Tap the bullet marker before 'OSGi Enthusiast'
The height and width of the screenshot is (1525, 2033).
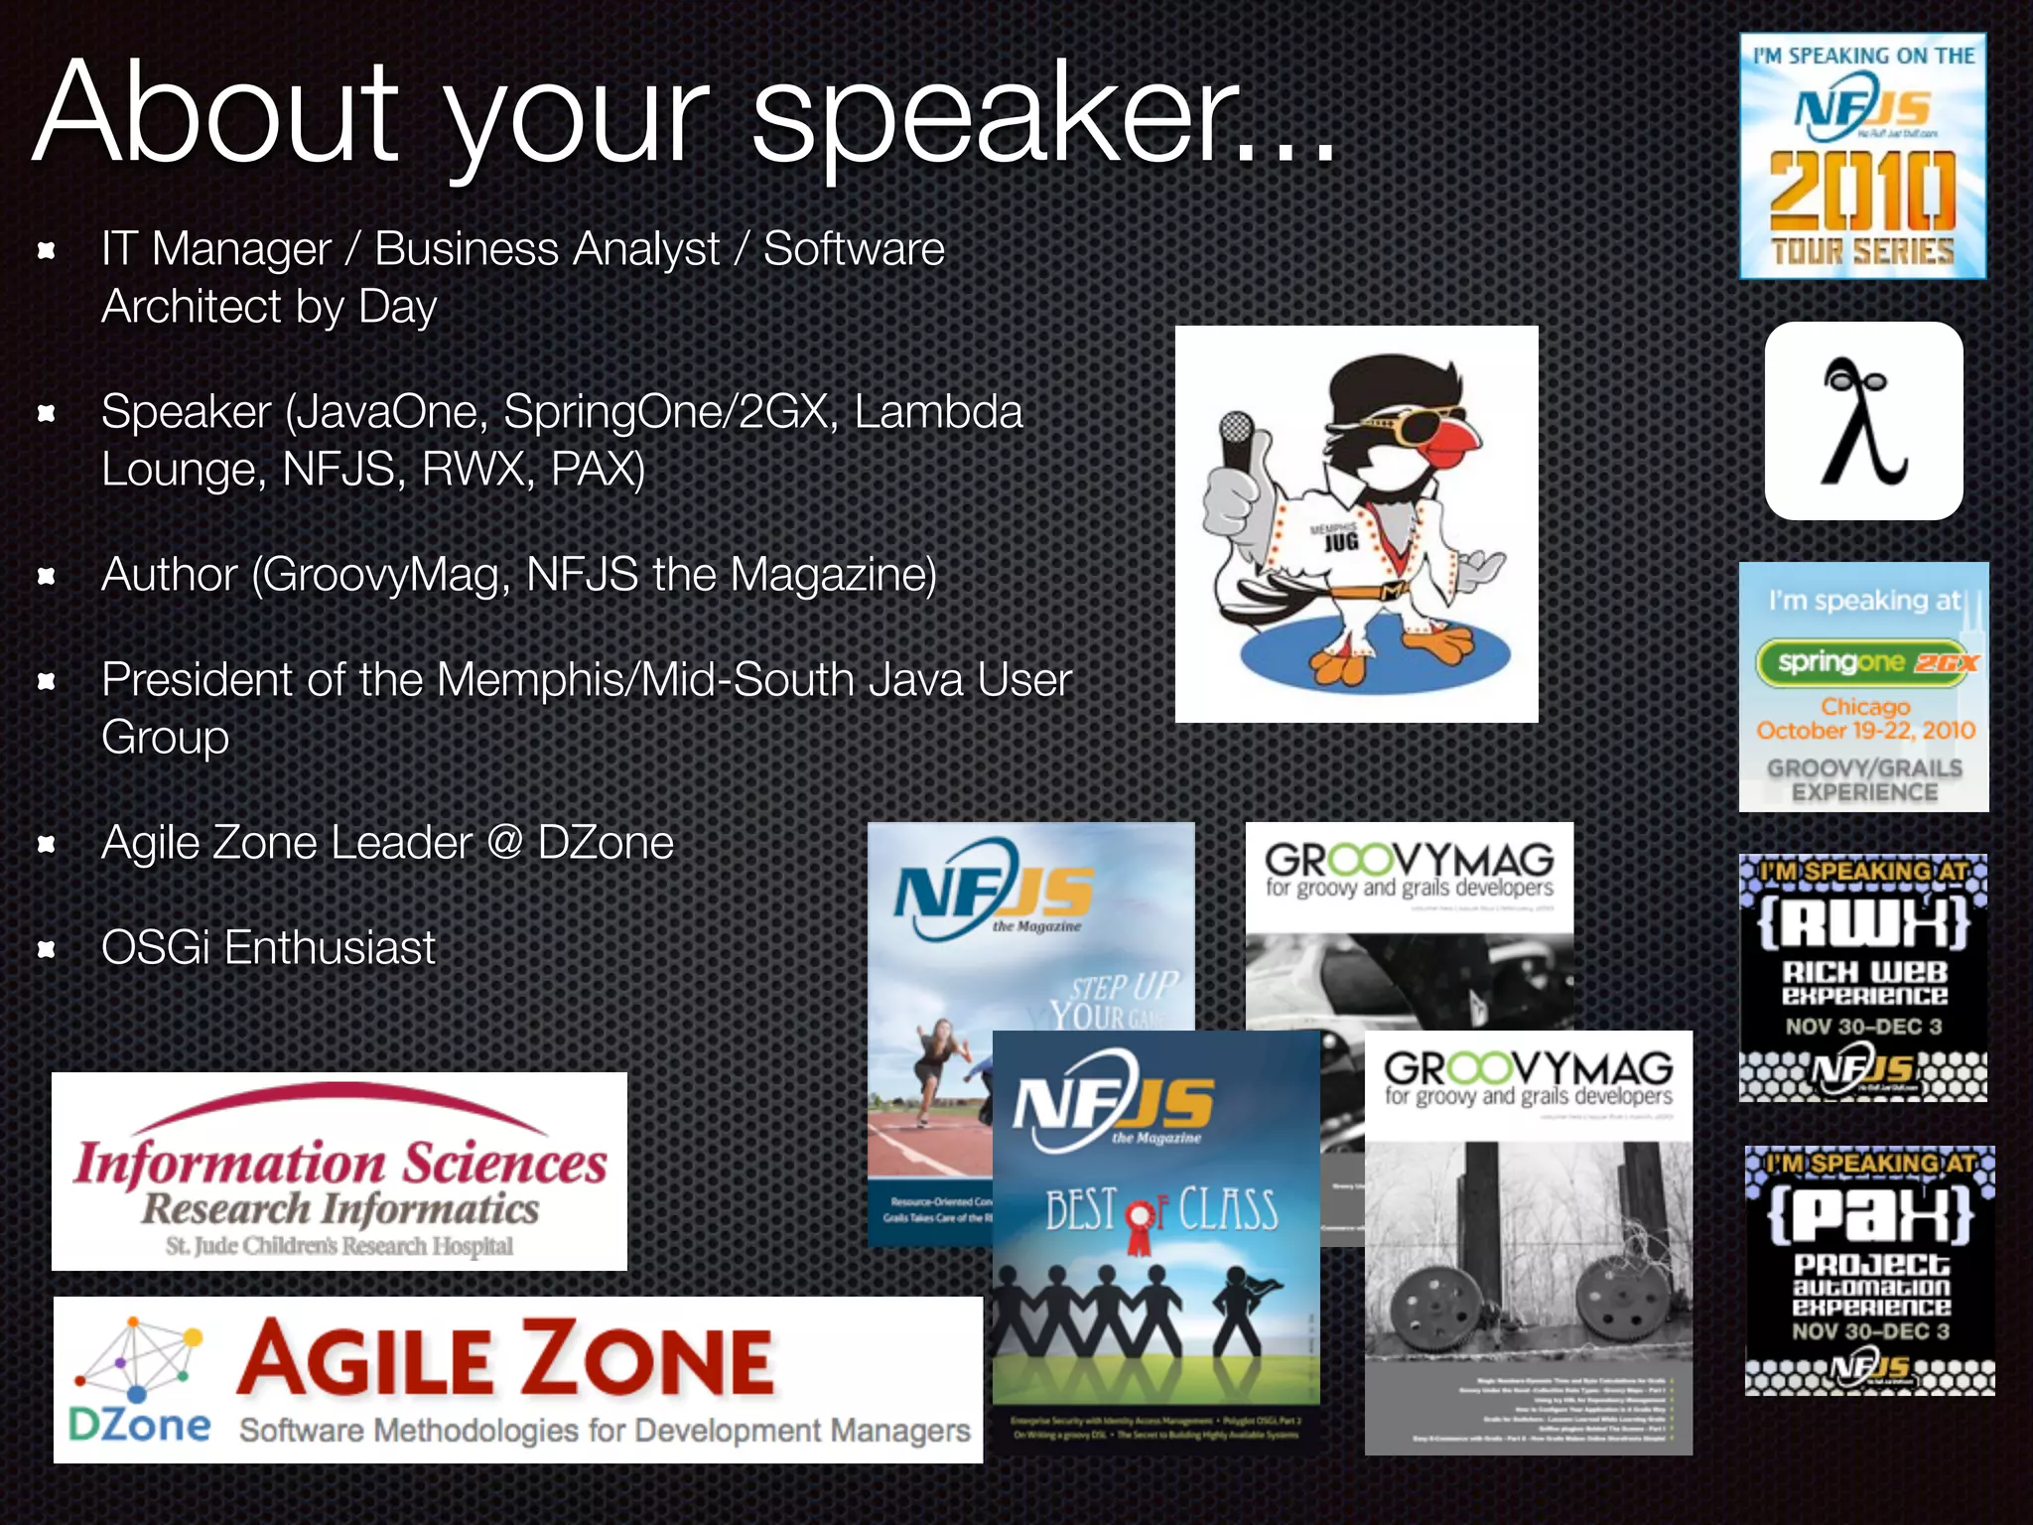(46, 949)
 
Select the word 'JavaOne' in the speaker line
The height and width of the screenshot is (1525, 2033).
(387, 412)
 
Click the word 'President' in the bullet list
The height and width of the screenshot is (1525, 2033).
(198, 680)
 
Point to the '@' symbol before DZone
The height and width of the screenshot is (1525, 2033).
(504, 843)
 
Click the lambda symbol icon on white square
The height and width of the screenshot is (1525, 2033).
(1862, 421)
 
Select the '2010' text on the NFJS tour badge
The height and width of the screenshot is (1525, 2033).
(1862, 192)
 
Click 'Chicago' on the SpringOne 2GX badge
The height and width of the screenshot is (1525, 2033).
(1864, 706)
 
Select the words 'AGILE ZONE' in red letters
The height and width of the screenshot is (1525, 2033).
(505, 1361)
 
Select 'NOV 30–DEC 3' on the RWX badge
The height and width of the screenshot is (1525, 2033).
(1863, 1027)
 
